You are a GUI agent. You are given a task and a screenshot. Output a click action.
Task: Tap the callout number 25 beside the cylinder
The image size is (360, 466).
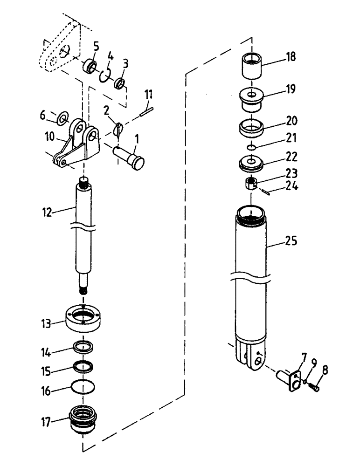[291, 241]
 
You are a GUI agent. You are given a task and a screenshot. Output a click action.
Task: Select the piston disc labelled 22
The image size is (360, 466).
[251, 163]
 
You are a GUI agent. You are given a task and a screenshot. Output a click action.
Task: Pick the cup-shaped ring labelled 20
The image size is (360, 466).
[251, 126]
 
